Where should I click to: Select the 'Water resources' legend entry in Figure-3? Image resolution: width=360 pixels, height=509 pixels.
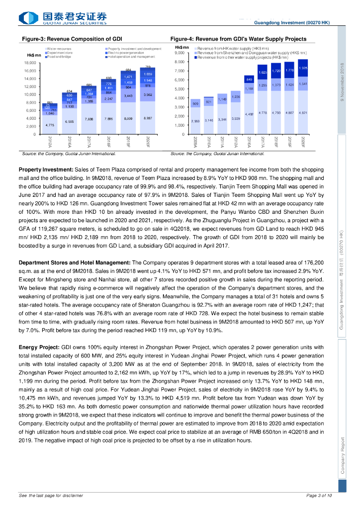tap(59, 49)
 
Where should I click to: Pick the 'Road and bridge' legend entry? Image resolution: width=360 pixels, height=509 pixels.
tap(58, 57)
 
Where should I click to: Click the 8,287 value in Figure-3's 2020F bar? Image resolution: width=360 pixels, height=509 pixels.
tap(148, 118)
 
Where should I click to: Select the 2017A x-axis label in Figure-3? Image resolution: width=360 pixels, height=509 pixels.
tap(88, 141)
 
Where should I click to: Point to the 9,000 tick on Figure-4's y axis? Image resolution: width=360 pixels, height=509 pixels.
tap(180, 53)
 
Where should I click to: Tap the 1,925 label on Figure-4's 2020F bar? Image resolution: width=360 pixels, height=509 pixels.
tap(303, 68)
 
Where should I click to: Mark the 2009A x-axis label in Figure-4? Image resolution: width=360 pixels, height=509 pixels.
tap(196, 143)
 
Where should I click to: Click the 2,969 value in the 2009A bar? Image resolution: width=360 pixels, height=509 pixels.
tap(196, 121)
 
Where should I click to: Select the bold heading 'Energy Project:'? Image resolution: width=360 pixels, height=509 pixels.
tap(39, 346)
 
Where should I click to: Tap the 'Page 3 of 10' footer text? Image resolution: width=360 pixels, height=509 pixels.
tap(319, 496)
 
